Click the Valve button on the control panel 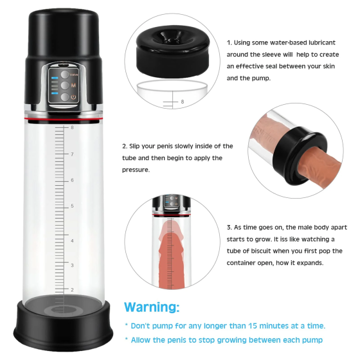click(65, 75)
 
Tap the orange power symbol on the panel click(73, 97)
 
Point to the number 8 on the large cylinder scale click(72, 127)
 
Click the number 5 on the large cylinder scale click(72, 206)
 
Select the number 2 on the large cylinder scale click(72, 290)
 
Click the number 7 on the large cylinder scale click(72, 154)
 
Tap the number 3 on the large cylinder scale click(72, 265)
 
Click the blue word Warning click(152, 307)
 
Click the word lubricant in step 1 click(322, 42)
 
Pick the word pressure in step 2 click(136, 170)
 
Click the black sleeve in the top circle click(173, 51)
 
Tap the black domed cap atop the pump click(64, 32)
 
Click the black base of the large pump click(63, 326)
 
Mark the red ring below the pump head click(63, 120)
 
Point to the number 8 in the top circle click(183, 102)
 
